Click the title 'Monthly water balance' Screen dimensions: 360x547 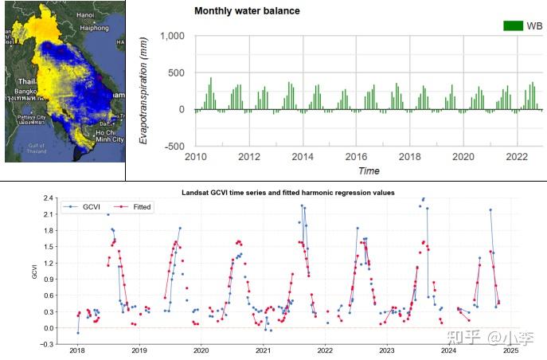tap(247, 11)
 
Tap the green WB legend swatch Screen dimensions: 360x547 tap(513, 25)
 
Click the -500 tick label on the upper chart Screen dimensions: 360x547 tap(173, 147)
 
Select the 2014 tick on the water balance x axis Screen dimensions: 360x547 tap(303, 157)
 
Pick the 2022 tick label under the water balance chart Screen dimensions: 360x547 tap(517, 157)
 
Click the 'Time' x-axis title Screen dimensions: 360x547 tap(369, 170)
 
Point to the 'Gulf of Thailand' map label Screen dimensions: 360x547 tap(36, 149)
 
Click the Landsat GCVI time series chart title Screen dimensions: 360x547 tap(287, 193)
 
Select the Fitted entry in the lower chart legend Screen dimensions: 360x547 tap(138, 207)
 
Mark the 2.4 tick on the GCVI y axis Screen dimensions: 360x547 tap(49, 198)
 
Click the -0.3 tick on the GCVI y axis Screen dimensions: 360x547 tap(48, 344)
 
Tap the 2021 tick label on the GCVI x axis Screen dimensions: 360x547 tap(263, 350)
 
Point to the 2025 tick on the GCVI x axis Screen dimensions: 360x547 tap(510, 350)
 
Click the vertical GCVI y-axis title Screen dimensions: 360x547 tap(34, 271)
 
